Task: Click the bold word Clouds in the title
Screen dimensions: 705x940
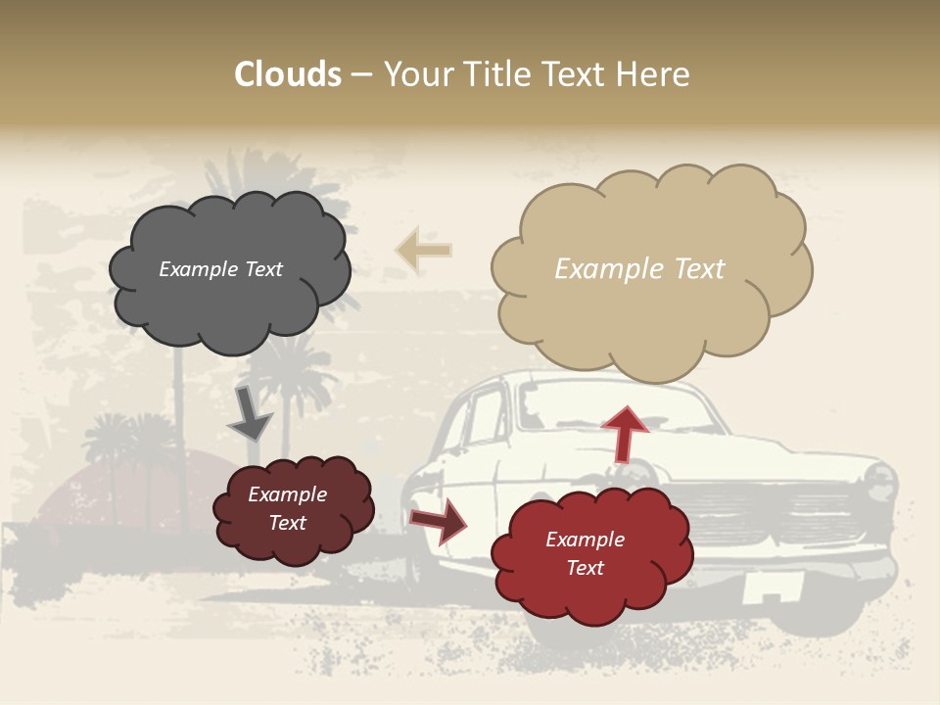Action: click(x=287, y=74)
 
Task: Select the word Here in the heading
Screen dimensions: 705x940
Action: click(x=655, y=74)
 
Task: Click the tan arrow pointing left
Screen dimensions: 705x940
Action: click(x=423, y=250)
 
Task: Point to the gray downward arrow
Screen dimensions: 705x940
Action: click(x=250, y=413)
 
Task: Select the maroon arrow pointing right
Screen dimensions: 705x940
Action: click(x=439, y=522)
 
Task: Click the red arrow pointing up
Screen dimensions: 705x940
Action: click(x=625, y=434)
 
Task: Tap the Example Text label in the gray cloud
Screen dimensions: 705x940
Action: click(x=220, y=269)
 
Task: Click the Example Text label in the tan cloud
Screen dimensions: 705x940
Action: click(x=639, y=269)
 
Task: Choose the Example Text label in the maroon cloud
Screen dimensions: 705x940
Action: click(x=287, y=508)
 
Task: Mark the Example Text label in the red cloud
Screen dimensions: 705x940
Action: click(x=585, y=553)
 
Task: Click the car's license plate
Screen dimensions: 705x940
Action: click(x=773, y=588)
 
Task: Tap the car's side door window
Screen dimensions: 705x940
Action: click(x=485, y=416)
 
